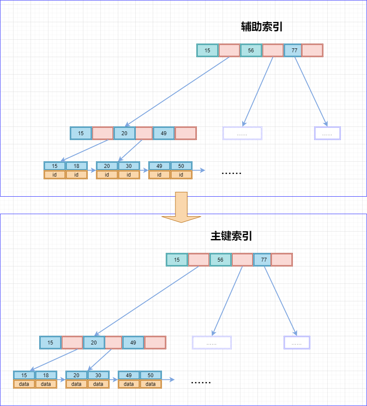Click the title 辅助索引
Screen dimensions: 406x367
262,27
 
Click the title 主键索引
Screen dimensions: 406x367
231,236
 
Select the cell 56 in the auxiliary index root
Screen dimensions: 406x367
251,50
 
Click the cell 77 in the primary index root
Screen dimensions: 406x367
264,259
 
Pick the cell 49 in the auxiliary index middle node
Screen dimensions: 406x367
164,133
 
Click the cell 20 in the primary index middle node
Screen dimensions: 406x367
94,342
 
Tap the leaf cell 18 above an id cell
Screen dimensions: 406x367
76,166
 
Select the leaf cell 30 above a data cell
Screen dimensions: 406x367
98,375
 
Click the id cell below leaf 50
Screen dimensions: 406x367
181,174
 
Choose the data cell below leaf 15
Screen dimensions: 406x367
24,384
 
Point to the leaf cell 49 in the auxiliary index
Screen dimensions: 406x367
159,166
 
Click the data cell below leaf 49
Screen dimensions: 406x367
129,384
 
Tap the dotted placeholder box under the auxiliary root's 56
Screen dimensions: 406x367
242,133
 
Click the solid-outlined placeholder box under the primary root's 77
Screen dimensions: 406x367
297,343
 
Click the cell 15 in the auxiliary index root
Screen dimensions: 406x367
207,50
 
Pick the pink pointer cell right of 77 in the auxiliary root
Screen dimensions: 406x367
312,50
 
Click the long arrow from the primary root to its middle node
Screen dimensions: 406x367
146,301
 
